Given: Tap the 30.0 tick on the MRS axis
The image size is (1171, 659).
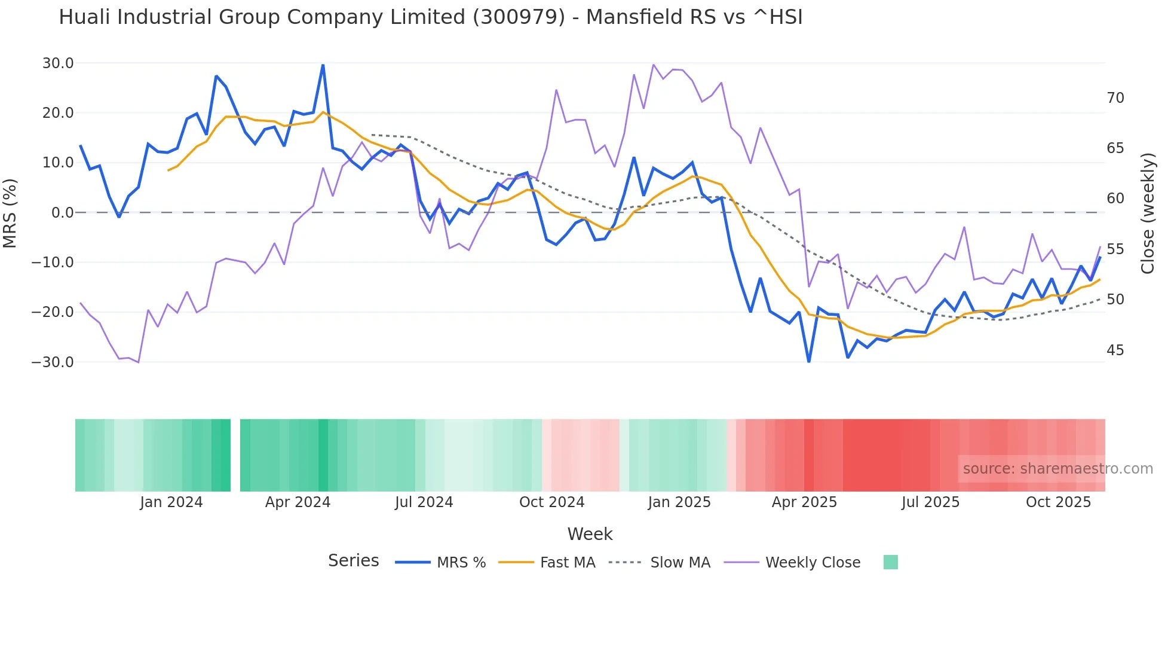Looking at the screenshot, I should point(58,63).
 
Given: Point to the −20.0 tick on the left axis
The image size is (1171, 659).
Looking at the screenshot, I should point(53,312).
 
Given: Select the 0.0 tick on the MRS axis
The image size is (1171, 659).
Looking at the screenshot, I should point(63,213).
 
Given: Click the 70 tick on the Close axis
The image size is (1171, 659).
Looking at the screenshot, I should point(1115,98).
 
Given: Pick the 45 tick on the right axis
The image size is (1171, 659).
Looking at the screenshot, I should point(1115,350).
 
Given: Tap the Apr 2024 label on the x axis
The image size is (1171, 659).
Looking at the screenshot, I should point(298,502).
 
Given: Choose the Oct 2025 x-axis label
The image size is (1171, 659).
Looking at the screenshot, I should point(1058,502).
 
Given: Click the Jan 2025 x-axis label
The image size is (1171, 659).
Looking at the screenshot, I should point(679,502).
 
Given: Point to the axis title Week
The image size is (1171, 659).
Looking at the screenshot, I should point(590,534).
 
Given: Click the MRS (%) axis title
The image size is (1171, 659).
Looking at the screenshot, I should point(10,213).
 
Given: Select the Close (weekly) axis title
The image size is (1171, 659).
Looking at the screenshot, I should point(1147,213).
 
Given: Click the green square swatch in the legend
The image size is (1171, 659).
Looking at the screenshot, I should point(890,562).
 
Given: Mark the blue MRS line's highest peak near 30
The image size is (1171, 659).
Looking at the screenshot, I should point(323,65).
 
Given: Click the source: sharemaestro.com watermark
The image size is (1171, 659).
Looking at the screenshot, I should point(1057,469).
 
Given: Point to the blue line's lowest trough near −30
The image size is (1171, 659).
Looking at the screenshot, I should point(809,361).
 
